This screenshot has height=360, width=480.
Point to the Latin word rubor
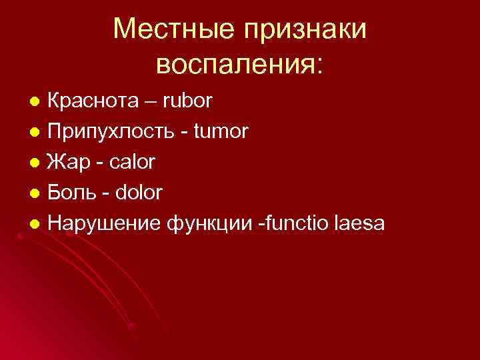click(x=188, y=101)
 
